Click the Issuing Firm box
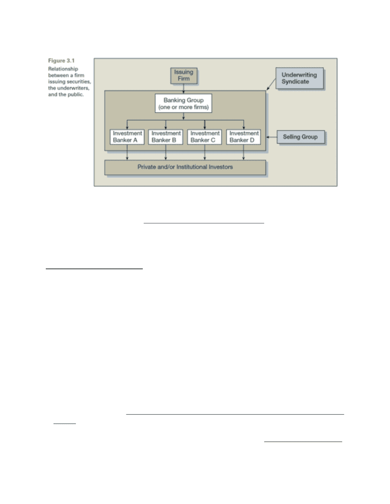(184, 75)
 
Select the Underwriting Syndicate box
(299, 78)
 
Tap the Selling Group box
(301, 137)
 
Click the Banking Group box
(184, 103)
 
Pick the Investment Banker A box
(127, 137)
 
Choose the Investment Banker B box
(166, 137)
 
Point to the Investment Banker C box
(204, 137)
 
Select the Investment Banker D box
(243, 137)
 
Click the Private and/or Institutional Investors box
(185, 167)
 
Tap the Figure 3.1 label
(61, 61)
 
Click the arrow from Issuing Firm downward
(184, 89)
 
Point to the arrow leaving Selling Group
(272, 137)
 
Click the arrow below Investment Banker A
(127, 152)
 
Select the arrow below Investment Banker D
(243, 152)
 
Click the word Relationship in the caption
(63, 69)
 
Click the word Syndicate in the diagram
(295, 81)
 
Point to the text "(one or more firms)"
(184, 107)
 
